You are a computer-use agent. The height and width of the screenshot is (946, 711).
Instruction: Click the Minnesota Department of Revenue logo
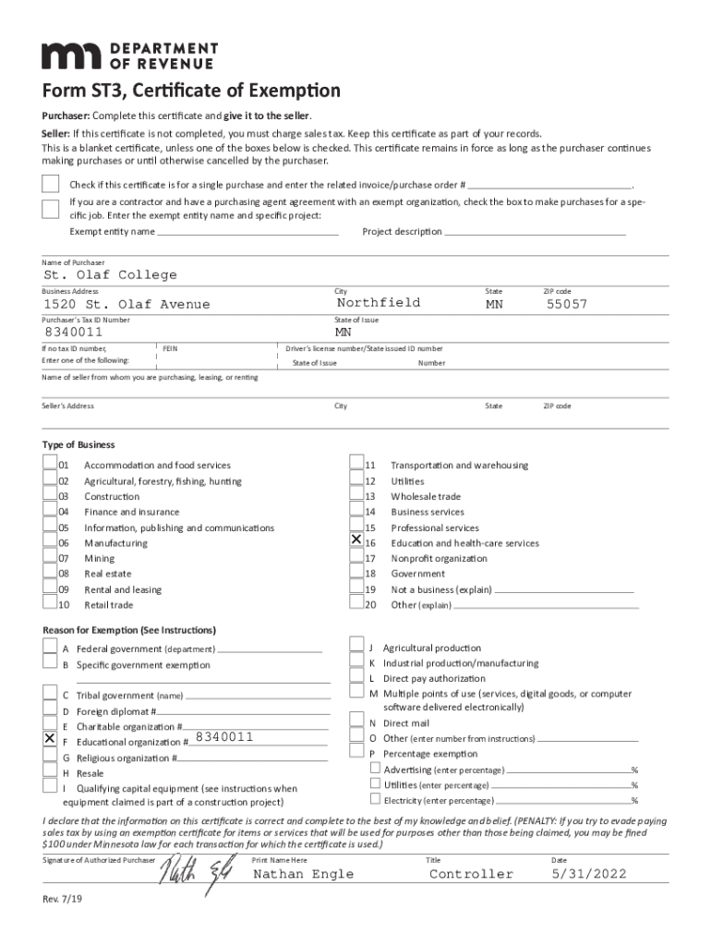coord(129,55)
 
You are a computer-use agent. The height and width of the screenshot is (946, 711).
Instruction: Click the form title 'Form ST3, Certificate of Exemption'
coord(191,91)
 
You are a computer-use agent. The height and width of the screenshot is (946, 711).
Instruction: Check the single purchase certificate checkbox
coord(51,183)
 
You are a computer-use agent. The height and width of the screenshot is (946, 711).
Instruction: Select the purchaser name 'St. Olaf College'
coord(111,275)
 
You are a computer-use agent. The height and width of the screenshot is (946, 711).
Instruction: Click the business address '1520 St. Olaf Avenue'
coord(127,305)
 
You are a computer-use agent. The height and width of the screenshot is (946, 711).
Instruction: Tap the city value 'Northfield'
coord(379,303)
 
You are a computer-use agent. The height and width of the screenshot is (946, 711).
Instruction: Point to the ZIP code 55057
coord(566,304)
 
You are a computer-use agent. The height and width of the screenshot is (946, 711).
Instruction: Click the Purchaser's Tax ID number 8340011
coord(73,333)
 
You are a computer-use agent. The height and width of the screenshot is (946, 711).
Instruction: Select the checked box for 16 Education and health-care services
coord(356,540)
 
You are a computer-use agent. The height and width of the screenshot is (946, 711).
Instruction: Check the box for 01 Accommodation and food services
coord(50,464)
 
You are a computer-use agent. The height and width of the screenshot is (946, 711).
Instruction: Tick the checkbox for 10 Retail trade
coord(50,603)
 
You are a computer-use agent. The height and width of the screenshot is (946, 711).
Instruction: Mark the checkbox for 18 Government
coord(356,573)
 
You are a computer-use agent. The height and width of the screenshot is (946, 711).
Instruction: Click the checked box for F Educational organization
coord(50,740)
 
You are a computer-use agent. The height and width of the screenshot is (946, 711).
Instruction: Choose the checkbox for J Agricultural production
coord(356,647)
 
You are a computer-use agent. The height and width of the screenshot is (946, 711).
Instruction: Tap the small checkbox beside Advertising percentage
coord(375,769)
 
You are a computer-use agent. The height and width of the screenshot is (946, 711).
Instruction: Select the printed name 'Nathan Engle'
coord(303,874)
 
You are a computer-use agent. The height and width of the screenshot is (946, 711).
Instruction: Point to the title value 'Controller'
coord(471,874)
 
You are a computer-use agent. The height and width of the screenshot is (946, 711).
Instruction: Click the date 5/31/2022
coord(589,874)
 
